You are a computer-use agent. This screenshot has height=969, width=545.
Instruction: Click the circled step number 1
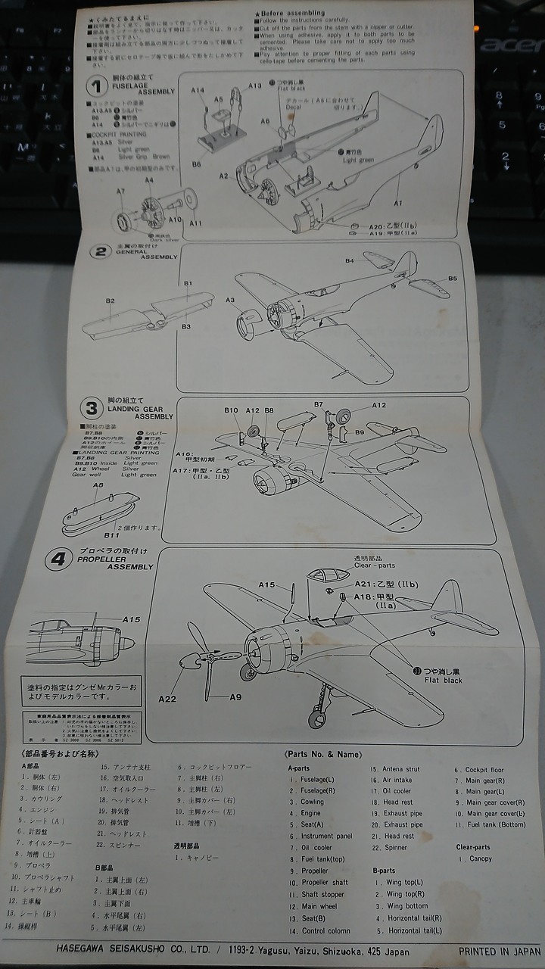95,86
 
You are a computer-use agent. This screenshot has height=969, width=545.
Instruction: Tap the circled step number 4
58,559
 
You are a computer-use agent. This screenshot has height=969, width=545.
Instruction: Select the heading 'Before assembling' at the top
292,13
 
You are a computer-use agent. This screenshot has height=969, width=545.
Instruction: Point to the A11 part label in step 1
196,223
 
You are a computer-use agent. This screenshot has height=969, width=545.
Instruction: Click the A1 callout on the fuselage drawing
398,203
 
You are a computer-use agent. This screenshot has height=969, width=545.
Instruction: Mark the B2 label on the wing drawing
110,301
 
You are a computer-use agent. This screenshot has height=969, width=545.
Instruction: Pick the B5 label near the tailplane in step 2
452,279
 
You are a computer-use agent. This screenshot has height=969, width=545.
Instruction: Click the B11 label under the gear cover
112,535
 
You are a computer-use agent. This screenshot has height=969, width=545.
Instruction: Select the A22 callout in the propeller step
168,699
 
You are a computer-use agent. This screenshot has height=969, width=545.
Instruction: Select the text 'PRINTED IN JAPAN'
500,951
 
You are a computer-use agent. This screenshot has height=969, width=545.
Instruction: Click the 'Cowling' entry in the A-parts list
312,802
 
